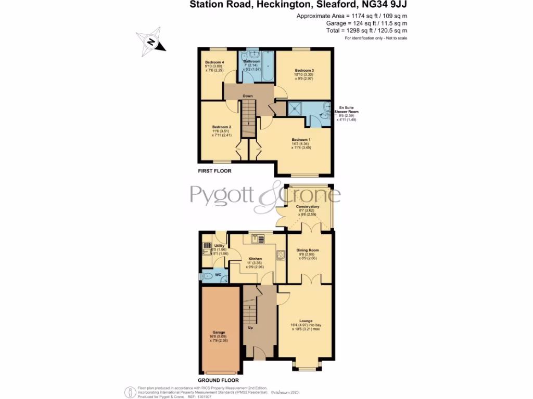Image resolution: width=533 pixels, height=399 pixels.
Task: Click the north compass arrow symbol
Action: (x=151, y=42)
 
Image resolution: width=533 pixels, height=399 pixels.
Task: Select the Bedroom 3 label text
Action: (x=304, y=70)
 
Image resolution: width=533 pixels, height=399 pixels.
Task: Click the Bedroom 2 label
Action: (x=222, y=127)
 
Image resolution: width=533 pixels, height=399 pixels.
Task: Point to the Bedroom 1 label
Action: (x=301, y=140)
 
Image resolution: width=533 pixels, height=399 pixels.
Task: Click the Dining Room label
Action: (x=308, y=250)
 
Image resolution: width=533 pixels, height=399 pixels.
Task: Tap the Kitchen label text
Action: (x=255, y=259)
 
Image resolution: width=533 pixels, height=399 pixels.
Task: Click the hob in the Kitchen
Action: (x=281, y=255)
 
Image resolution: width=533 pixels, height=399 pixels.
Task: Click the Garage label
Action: (x=219, y=332)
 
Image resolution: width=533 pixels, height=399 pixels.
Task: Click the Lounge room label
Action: (x=306, y=321)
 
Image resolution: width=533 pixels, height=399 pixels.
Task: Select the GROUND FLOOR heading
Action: (x=215, y=380)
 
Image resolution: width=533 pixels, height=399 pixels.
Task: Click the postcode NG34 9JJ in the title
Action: (x=383, y=5)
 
